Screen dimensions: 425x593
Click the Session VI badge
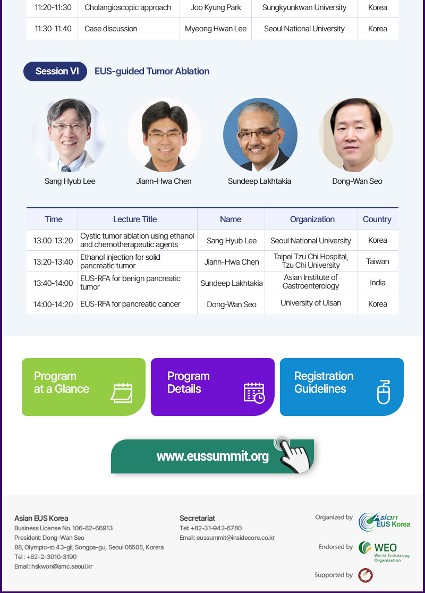tap(55, 71)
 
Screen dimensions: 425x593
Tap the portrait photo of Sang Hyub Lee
tap(69, 135)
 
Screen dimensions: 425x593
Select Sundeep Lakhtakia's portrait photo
tap(260, 135)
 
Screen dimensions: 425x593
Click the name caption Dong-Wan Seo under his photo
tap(357, 181)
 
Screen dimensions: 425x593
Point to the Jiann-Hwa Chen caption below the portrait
tap(164, 181)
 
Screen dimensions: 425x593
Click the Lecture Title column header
tap(135, 219)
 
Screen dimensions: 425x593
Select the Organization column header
tap(312, 219)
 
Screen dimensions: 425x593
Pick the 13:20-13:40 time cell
tap(53, 262)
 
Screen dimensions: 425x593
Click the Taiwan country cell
tap(378, 261)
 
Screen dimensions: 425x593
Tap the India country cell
tap(378, 283)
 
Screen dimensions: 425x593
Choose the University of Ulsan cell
tap(311, 303)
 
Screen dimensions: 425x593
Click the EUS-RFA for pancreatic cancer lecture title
tap(130, 304)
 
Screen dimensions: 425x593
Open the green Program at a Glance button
tap(83, 387)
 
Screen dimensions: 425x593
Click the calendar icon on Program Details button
tap(254, 393)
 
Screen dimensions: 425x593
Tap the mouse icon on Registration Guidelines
tap(384, 392)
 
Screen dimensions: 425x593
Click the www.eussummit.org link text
tap(212, 456)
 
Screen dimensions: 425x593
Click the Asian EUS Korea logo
tap(384, 522)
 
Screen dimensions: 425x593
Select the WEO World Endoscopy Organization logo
tap(384, 552)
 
